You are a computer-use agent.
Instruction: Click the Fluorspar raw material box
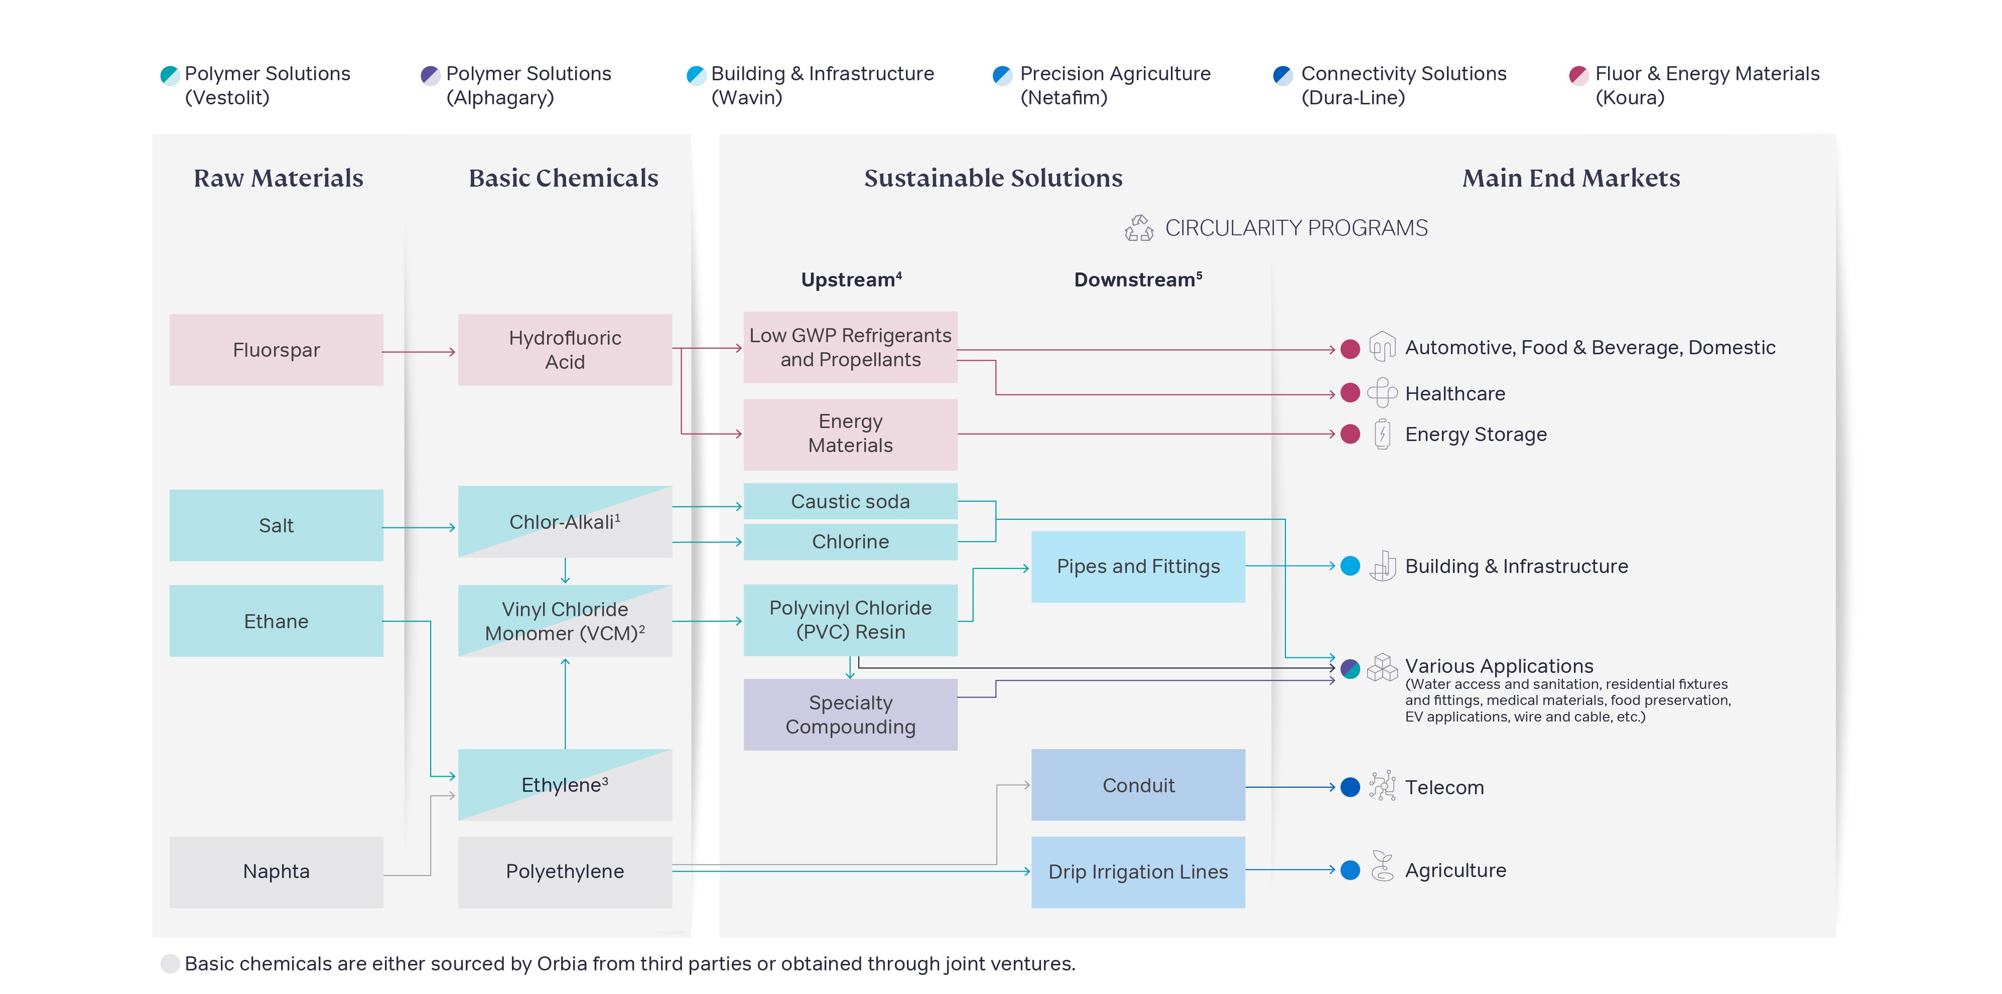tap(276, 350)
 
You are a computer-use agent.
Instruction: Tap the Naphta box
tap(276, 871)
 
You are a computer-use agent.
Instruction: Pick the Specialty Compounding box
tap(850, 714)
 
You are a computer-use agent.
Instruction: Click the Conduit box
tap(1138, 785)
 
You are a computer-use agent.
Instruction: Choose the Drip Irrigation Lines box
tap(1138, 871)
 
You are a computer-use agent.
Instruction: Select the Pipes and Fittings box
tap(1138, 566)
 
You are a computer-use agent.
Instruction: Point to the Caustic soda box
tap(850, 501)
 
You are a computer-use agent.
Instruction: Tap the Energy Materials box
tap(850, 434)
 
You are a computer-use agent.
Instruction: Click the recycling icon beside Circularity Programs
tap(1139, 228)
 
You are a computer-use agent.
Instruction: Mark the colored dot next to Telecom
tap(1350, 787)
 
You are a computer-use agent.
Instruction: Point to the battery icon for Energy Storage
tap(1382, 434)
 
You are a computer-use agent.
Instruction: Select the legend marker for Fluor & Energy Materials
tap(1578, 75)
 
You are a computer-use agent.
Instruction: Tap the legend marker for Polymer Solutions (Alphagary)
tap(430, 75)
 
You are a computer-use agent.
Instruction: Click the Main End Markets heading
tap(1571, 178)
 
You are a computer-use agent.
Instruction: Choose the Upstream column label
tap(851, 279)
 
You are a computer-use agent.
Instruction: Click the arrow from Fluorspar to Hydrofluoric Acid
tap(420, 352)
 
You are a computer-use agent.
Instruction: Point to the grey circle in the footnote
tap(170, 964)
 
